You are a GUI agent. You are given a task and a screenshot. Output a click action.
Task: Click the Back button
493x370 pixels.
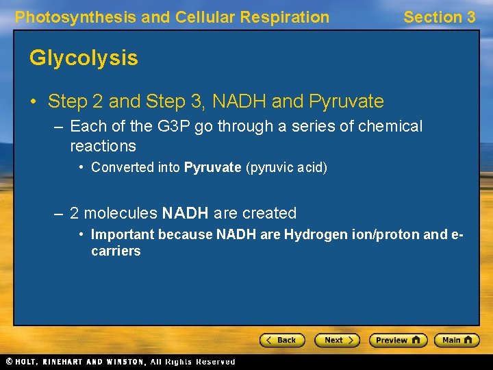pyautogui.click(x=281, y=340)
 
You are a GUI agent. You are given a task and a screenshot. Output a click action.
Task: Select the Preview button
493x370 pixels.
pyautogui.click(x=398, y=340)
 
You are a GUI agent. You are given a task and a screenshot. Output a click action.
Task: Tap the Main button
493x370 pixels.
pyautogui.click(x=459, y=340)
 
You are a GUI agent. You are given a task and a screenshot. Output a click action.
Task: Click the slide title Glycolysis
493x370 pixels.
pyautogui.click(x=84, y=58)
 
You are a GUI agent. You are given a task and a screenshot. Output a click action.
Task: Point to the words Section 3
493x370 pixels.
pyautogui.click(x=439, y=17)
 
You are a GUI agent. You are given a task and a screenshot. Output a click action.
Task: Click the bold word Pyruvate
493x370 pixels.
pyautogui.click(x=212, y=167)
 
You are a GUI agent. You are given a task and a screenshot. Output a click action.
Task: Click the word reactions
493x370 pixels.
pyautogui.click(x=103, y=146)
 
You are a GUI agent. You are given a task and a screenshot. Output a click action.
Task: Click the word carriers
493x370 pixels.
pyautogui.click(x=116, y=251)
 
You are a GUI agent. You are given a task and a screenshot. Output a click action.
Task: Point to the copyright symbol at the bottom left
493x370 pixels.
pyautogui.click(x=9, y=362)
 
